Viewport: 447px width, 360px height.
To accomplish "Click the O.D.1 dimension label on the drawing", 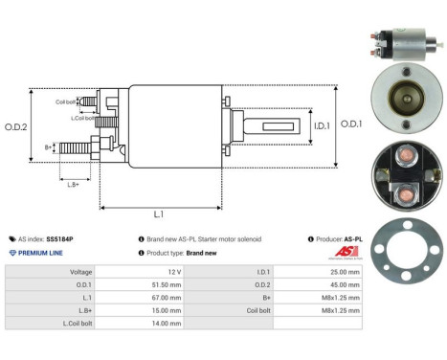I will pos(351,123).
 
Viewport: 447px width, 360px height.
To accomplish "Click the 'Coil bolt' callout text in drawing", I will pos(65,100).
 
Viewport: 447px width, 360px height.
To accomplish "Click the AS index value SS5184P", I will pos(58,238).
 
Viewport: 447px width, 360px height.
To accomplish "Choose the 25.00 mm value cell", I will pos(344,272).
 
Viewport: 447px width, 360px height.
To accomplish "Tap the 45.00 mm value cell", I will pos(344,284).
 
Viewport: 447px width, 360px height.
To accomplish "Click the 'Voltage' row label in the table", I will pos(80,272).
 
